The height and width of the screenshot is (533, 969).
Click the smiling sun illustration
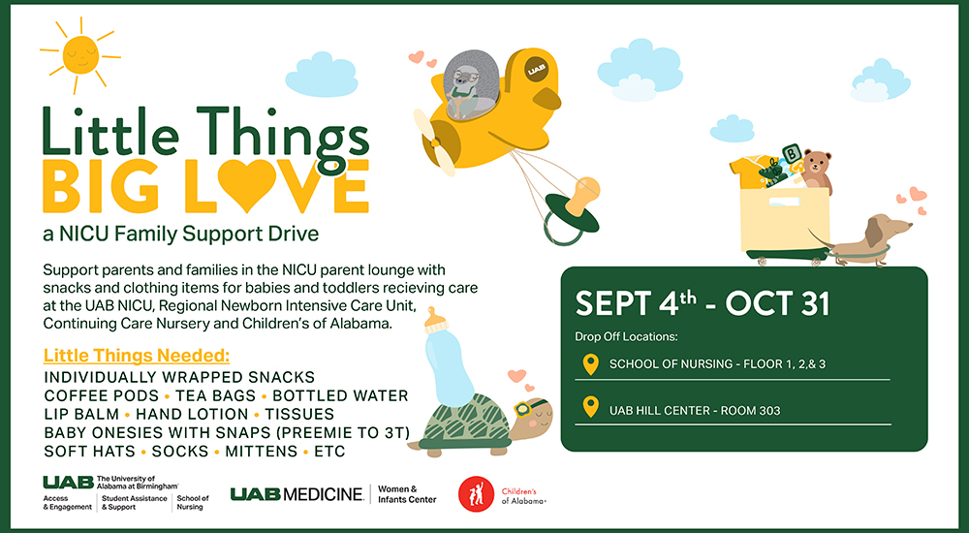[80, 55]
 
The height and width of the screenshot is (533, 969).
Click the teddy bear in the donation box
[816, 171]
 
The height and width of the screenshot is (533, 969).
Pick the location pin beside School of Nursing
[591, 364]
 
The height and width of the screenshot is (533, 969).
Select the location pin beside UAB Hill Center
[591, 407]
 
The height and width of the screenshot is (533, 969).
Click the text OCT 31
[777, 304]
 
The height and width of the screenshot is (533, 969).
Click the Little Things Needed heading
[137, 357]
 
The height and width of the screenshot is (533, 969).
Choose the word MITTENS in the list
[261, 452]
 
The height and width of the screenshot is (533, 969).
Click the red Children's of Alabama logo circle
[476, 494]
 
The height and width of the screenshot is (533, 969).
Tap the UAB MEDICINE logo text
[297, 494]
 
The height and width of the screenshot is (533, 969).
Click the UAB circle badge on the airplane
[535, 69]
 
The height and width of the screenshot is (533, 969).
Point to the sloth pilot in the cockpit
[467, 81]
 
